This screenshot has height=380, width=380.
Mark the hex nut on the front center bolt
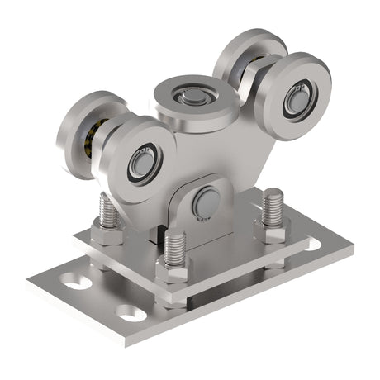point(173,270)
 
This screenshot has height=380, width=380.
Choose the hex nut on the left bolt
point(107,235)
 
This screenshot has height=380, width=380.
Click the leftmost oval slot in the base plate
point(75,282)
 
